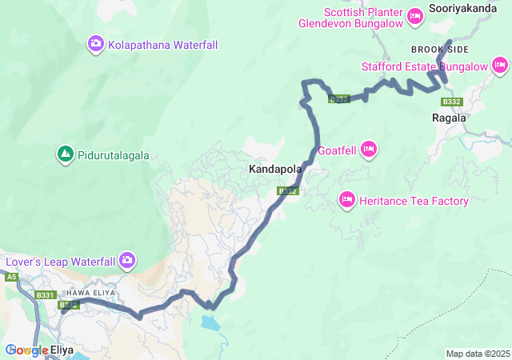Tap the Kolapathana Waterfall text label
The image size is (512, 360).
162,45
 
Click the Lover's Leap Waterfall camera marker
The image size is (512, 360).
127,260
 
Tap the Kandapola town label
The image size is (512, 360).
275,170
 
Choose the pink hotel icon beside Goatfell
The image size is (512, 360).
369,148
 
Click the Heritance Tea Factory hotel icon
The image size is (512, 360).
347,198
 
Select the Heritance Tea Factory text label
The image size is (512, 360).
414,201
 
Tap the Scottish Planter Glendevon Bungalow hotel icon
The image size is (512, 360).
415,15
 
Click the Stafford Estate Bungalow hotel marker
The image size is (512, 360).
498,65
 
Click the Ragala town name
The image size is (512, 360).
449,118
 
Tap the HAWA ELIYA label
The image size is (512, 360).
90,293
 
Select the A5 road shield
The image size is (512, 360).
11,277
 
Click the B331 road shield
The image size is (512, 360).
45,295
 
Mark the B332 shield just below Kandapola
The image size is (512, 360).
288,191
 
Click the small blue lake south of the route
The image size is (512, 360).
209,324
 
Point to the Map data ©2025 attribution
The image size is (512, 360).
477,354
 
